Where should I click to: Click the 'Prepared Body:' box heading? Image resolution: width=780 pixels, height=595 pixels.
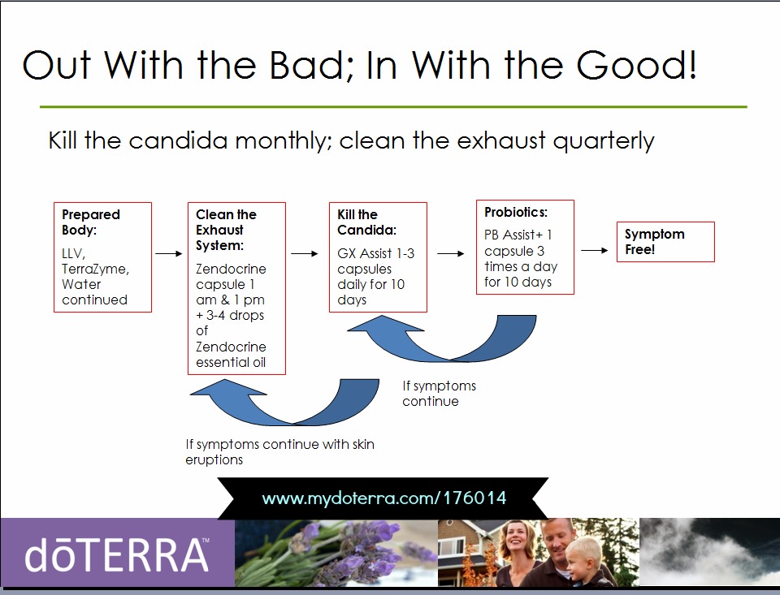pyautogui.click(x=90, y=222)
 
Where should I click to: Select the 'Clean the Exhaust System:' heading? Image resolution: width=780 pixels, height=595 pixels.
pyautogui.click(x=226, y=230)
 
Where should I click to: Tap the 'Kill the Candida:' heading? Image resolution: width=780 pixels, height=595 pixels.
pyautogui.click(x=366, y=222)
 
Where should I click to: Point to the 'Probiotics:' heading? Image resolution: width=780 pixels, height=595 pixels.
pyautogui.click(x=516, y=212)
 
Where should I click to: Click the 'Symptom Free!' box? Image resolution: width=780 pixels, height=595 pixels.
pyautogui.click(x=665, y=242)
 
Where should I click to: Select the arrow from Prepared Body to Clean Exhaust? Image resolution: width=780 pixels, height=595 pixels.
pyautogui.click(x=169, y=253)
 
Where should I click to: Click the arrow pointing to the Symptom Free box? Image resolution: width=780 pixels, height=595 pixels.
pyautogui.click(x=595, y=250)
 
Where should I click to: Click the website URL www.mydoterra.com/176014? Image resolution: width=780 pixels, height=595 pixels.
pyautogui.click(x=384, y=498)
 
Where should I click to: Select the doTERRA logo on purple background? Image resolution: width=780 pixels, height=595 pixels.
pyautogui.click(x=117, y=554)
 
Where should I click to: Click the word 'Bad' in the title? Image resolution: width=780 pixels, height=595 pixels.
pyautogui.click(x=311, y=65)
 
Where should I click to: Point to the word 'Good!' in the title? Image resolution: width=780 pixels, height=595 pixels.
pyautogui.click(x=637, y=65)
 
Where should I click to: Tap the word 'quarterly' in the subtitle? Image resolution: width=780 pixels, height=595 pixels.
pyautogui.click(x=604, y=141)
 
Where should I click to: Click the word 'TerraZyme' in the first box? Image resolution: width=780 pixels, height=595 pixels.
pyautogui.click(x=96, y=269)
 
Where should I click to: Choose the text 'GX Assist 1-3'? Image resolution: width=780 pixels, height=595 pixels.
pyautogui.click(x=375, y=253)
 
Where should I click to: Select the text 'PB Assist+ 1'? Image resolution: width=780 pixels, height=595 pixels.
pyautogui.click(x=518, y=235)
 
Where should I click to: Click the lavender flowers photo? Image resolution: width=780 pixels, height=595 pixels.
pyautogui.click(x=336, y=552)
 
